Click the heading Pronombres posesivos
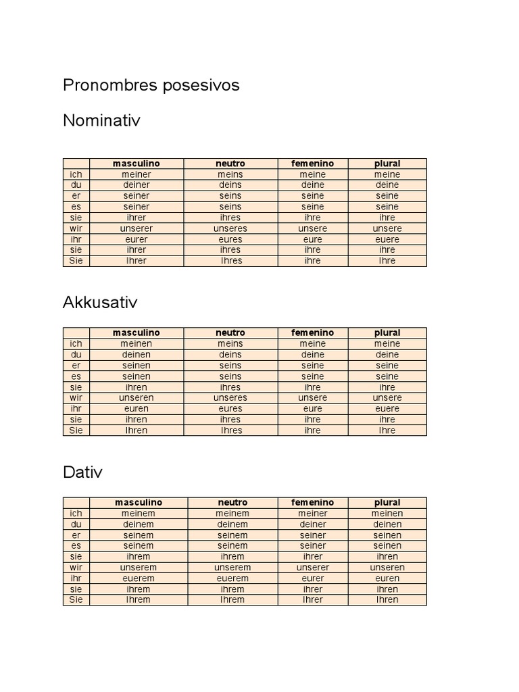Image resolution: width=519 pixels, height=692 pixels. click(151, 86)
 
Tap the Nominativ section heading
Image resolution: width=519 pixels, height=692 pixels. click(101, 120)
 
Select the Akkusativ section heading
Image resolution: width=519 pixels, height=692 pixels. click(100, 302)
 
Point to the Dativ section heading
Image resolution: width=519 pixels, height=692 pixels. click(82, 472)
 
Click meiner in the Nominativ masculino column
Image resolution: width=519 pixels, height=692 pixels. click(137, 174)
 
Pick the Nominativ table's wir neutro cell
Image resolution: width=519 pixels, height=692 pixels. click(230, 228)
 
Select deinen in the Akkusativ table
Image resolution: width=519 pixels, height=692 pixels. click(137, 355)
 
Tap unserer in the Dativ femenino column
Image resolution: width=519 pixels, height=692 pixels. click(312, 568)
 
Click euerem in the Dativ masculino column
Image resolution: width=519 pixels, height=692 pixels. click(139, 578)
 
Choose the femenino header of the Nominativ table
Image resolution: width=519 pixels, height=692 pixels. click(312, 164)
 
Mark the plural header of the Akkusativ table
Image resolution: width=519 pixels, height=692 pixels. click(387, 333)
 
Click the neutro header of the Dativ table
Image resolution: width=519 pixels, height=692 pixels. click(232, 503)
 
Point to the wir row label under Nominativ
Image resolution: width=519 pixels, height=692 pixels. click(76, 228)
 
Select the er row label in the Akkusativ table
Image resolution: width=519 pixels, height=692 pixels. click(76, 366)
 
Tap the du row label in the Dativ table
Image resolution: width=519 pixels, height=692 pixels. click(76, 524)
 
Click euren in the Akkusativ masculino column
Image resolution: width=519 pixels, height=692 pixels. click(137, 409)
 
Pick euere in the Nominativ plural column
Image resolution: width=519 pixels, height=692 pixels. click(387, 239)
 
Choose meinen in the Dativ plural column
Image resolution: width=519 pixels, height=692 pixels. click(387, 514)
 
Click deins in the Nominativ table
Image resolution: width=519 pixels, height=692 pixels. click(230, 185)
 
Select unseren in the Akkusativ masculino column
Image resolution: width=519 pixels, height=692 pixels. click(137, 398)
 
